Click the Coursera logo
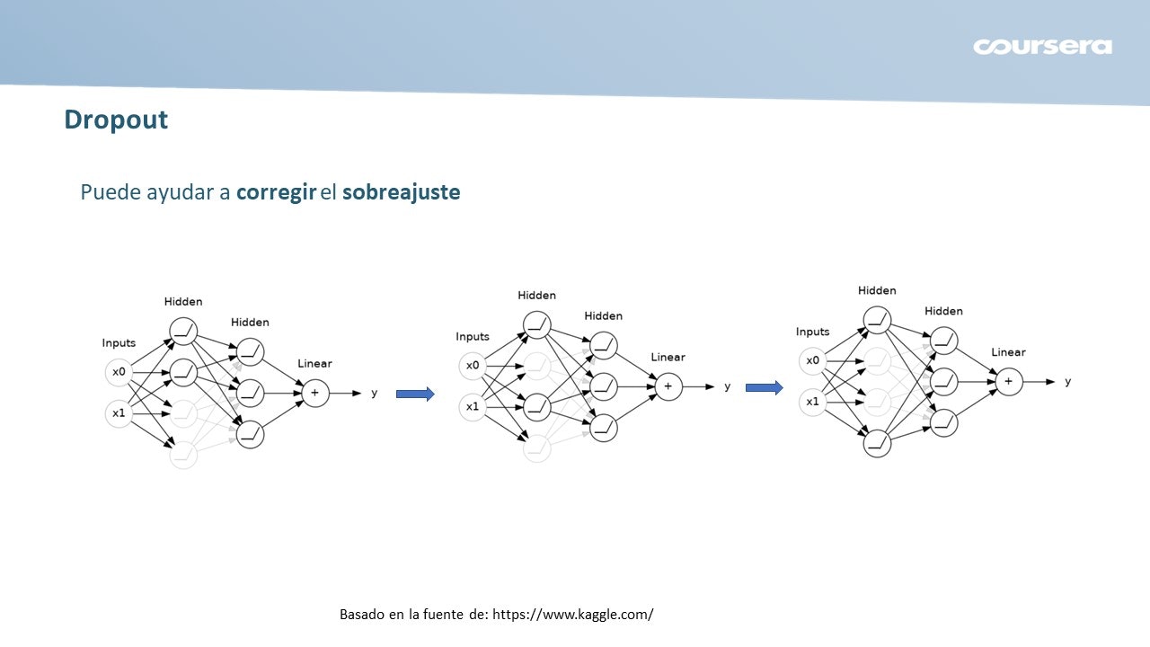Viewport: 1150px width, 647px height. (1042, 47)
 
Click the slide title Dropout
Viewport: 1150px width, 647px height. (116, 120)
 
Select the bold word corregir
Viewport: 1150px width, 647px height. (276, 192)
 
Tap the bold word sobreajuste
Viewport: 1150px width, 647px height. (401, 192)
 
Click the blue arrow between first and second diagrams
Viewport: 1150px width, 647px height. (415, 394)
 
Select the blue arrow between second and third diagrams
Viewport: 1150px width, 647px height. (765, 387)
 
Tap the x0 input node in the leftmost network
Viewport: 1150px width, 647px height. (119, 371)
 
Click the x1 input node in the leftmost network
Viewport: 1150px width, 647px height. (119, 413)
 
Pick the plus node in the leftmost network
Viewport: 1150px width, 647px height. (314, 393)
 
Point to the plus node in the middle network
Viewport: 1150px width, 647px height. (668, 386)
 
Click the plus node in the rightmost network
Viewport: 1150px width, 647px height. (1008, 382)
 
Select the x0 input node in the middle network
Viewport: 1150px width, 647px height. (473, 366)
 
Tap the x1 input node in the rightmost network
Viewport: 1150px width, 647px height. (812, 402)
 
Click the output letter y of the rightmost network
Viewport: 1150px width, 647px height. (1067, 382)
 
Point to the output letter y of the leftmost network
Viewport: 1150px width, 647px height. (374, 393)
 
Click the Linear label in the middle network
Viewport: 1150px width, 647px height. (668, 357)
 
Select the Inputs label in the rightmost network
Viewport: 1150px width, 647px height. (812, 332)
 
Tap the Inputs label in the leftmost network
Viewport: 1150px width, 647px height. (119, 342)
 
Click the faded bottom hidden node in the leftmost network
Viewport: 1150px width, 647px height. (182, 455)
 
